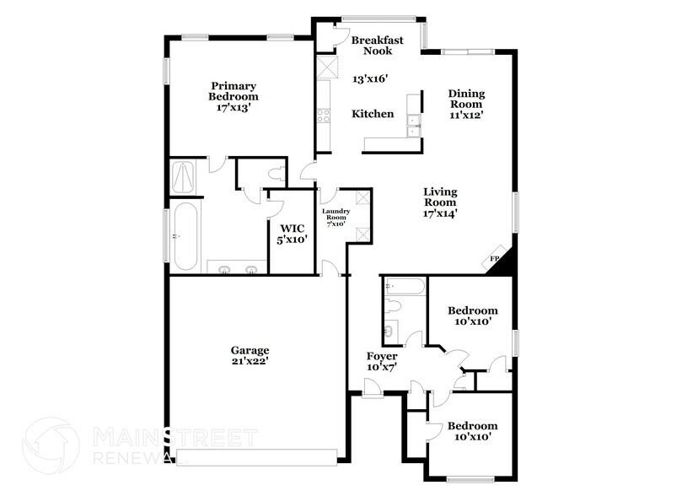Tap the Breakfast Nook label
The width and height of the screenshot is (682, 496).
pos(378,46)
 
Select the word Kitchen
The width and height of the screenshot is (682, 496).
pos(373,114)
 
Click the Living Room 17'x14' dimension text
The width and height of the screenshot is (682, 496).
pos(439,213)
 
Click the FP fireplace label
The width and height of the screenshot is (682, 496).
pos(494,259)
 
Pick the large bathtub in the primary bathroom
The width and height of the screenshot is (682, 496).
pos(185,235)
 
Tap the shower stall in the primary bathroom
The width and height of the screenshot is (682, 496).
pos(184,175)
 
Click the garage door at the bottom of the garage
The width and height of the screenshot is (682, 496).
pos(256,457)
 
